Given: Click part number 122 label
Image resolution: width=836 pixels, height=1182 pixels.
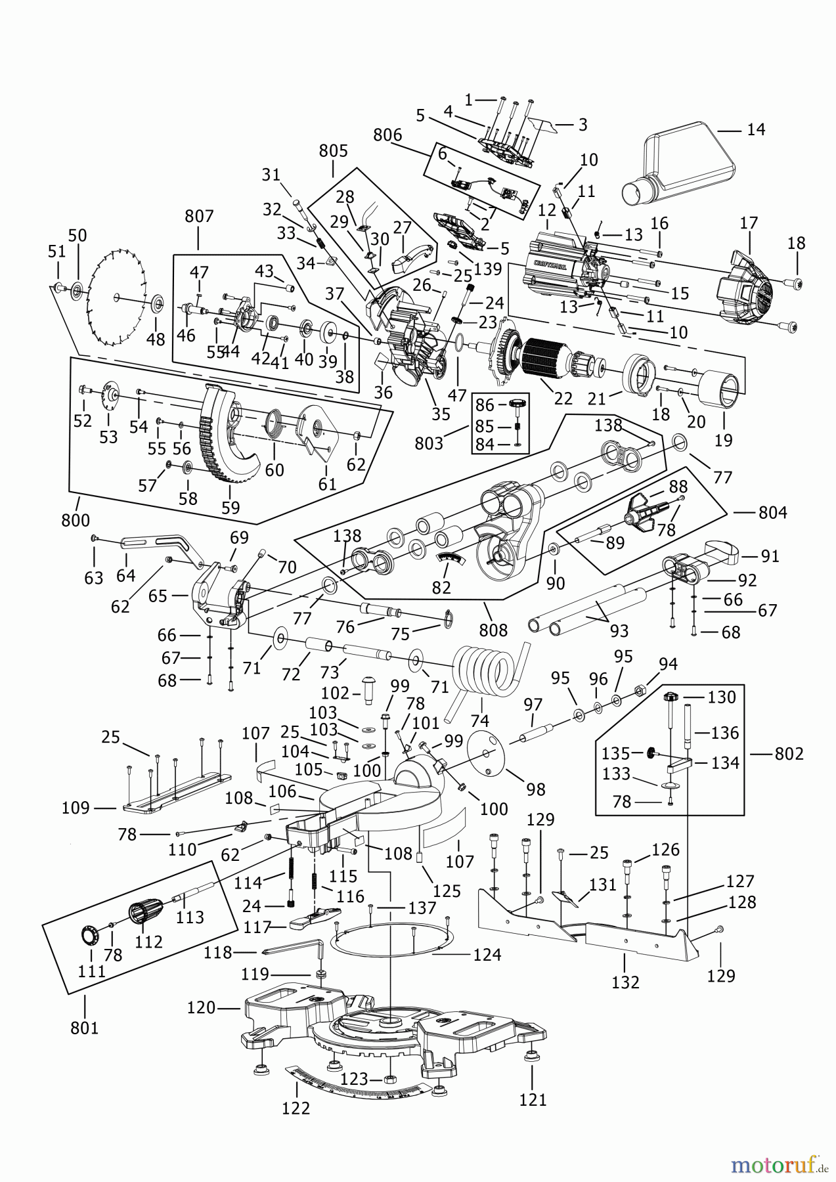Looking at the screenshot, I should [x=296, y=1108].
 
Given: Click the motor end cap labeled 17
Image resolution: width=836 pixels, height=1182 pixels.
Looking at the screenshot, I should [x=749, y=289].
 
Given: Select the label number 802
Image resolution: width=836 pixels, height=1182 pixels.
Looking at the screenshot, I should [x=789, y=754].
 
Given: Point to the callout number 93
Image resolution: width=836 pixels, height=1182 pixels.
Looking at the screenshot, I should [x=619, y=630].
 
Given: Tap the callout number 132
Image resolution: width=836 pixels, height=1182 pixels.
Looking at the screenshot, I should [x=625, y=982].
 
